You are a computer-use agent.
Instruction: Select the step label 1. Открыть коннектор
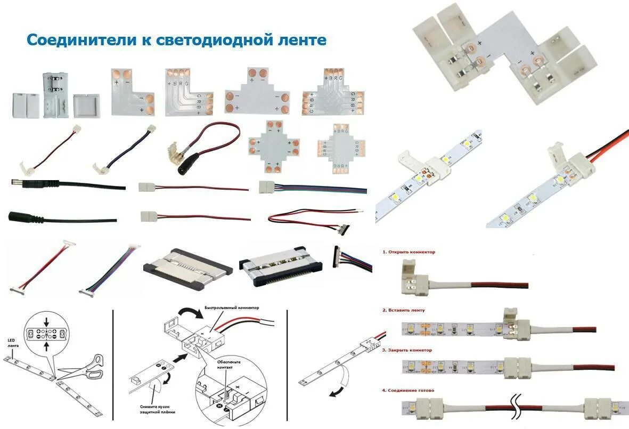tap(409, 252)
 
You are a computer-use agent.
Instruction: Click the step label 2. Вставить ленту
tap(404, 310)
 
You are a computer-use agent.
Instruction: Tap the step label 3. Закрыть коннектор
tap(407, 350)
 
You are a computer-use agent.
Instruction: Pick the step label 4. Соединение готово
tap(408, 390)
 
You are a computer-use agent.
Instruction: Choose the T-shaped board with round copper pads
tap(257, 91)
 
